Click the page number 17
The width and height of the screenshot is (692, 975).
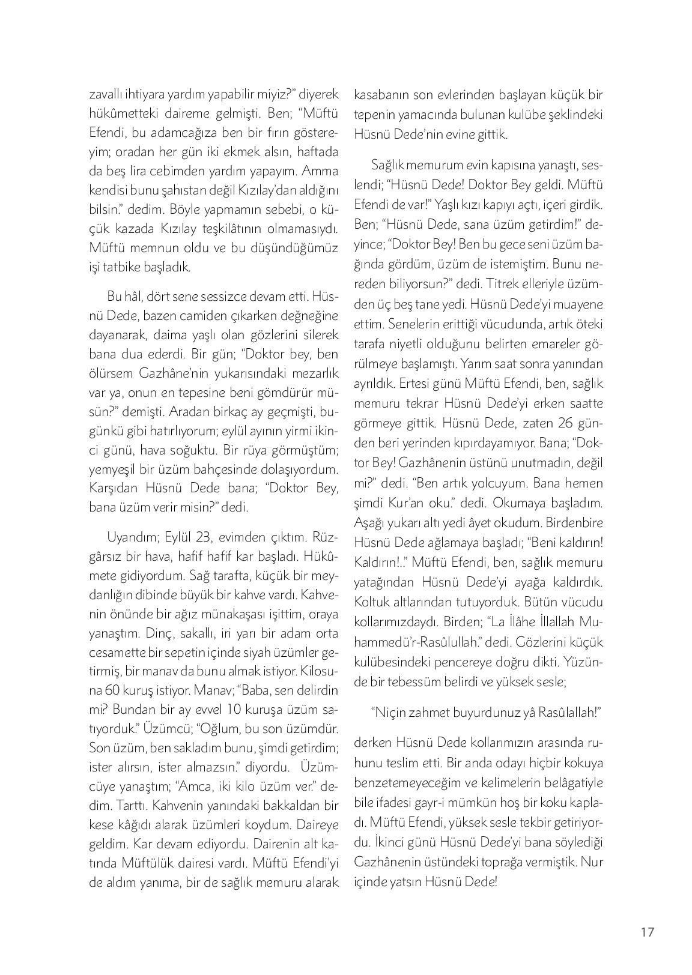pyautogui.click(x=646, y=932)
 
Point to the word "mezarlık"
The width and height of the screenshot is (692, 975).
pyautogui.click(x=316, y=373)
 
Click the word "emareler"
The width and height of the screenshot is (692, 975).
pyautogui.click(x=548, y=343)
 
